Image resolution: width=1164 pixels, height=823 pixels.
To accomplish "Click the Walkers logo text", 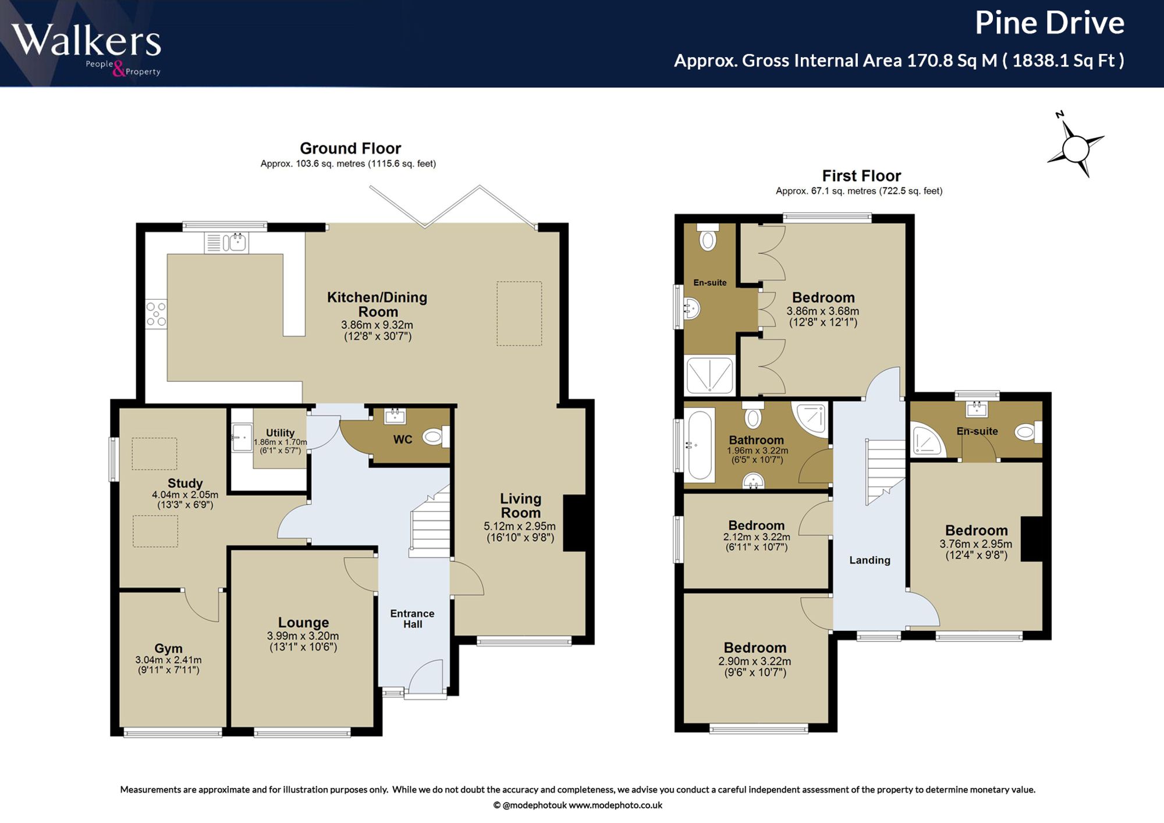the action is (x=86, y=40).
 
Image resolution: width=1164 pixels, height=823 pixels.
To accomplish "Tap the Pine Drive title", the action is (x=1049, y=23).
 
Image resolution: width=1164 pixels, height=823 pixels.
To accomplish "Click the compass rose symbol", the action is (x=1076, y=148).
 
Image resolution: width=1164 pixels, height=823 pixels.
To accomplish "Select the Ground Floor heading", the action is (x=350, y=148).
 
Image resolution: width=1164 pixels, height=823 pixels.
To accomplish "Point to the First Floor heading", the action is (x=861, y=176).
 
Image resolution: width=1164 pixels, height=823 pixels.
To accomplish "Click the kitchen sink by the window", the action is (x=226, y=242).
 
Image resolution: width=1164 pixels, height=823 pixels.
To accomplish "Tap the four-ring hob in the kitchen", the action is (x=156, y=314).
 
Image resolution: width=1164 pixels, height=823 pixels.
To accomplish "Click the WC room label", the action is (x=403, y=439).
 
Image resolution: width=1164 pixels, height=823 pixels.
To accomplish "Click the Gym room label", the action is (x=168, y=648).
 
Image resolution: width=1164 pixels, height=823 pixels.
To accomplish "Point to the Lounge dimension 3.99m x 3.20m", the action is (x=303, y=636).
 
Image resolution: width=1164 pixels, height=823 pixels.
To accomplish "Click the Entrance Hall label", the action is (x=412, y=619).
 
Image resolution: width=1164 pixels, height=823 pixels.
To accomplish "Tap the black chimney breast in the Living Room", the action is (x=574, y=523).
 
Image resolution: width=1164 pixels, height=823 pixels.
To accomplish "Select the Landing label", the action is (x=870, y=561).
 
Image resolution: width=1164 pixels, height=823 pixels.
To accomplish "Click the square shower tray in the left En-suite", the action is (x=709, y=375).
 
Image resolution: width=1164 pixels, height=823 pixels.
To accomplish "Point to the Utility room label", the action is (x=280, y=433).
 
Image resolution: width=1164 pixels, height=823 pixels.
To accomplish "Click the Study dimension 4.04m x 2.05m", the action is (x=185, y=495).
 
